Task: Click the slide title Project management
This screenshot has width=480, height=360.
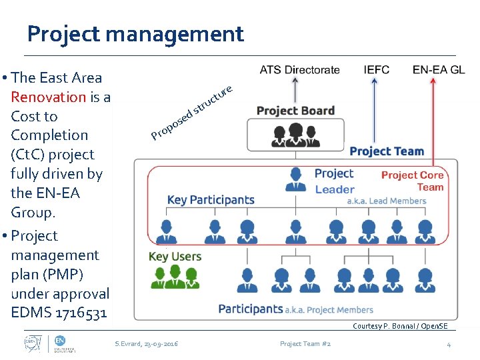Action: pos(135,33)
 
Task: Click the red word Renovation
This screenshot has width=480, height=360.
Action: pos(49,97)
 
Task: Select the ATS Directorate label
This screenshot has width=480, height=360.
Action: pos(299,69)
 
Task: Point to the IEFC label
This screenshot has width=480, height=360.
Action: pos(377,69)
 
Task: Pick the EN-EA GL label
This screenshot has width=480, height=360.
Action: pos(439,69)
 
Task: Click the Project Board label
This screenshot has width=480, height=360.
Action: pos(295,111)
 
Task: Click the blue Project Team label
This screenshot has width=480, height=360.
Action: pos(387,151)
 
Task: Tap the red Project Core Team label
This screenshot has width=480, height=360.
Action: pos(412,181)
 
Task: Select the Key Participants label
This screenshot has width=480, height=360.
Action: pos(211,199)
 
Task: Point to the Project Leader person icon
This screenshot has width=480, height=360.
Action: pos(295,178)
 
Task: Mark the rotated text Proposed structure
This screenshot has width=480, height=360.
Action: pos(191,113)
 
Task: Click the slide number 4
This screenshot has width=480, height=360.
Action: pos(449,344)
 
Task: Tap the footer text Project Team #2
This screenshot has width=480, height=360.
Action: pos(305,344)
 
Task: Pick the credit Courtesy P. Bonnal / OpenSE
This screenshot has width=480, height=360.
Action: pos(400,326)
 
